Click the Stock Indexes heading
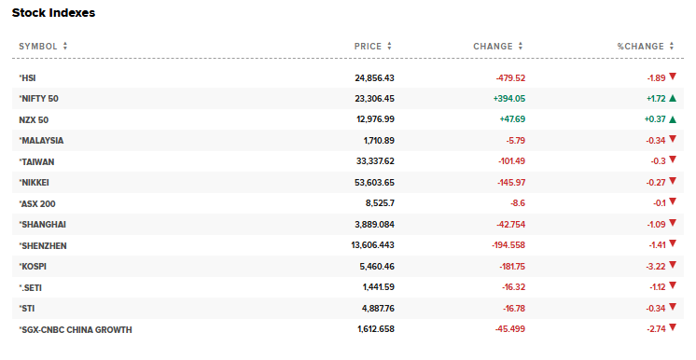click(x=53, y=13)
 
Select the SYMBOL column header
click(x=38, y=46)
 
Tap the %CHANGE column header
click(x=640, y=46)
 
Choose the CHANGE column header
click(x=493, y=46)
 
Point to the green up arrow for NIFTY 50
click(x=672, y=98)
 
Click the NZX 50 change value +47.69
click(x=508, y=119)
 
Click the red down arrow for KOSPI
click(x=672, y=266)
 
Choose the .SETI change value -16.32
click(x=508, y=287)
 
